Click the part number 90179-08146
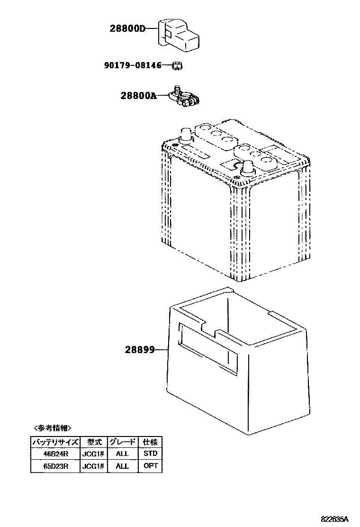coord(133,65)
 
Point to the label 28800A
coord(138,95)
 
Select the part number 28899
coord(140,350)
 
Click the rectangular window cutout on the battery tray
coord(207,348)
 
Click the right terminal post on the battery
coord(247,168)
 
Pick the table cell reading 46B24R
coord(56,454)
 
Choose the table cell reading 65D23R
coord(56,466)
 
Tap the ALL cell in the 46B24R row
coord(122,454)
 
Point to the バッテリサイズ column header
coord(56,442)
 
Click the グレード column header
coord(122,442)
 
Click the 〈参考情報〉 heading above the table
coord(53,428)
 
